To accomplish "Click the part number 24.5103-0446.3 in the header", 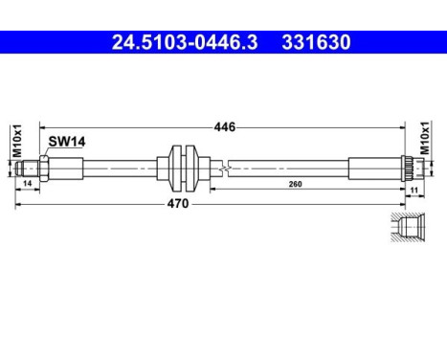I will tap(170, 43).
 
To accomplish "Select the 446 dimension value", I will tap(224, 126).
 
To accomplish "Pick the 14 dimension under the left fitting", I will tap(28, 180).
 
